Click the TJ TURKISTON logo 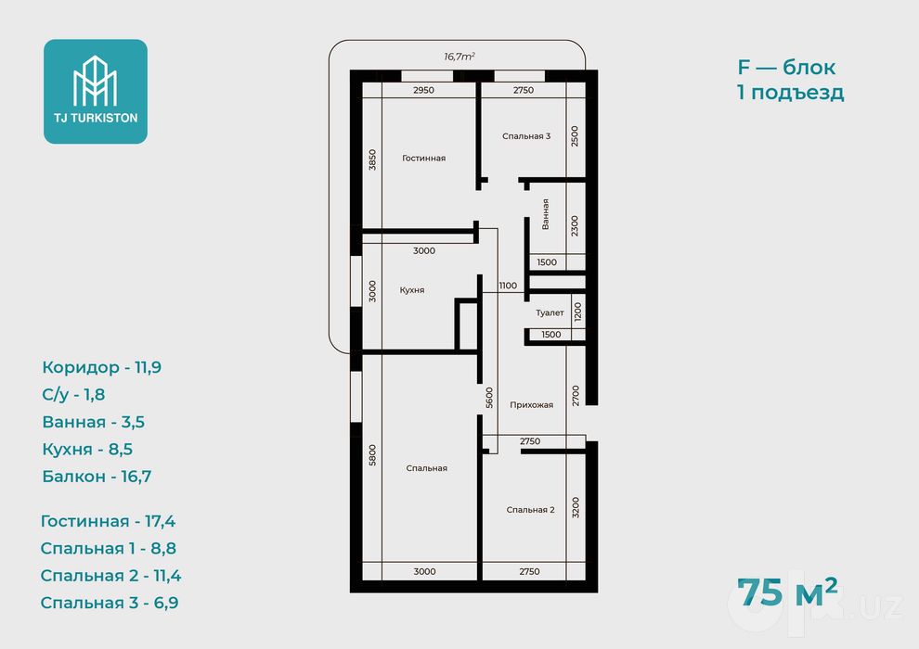coord(96,91)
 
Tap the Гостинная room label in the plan coord(423,158)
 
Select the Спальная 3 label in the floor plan coord(526,136)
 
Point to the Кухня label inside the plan coord(412,290)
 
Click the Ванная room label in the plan coord(545,214)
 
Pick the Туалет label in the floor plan coord(550,313)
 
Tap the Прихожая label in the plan coord(532,405)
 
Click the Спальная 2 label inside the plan coord(530,510)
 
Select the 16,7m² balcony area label coord(459,57)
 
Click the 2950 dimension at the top coord(423,90)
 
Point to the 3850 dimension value coord(372,159)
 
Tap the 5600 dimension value coord(489,398)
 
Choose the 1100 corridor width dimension coord(508,286)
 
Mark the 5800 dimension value coord(372,455)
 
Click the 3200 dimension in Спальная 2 coord(575,507)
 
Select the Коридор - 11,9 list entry coord(102,367)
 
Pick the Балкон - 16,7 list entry coord(97,477)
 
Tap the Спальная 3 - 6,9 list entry coord(110,603)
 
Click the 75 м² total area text coord(787,592)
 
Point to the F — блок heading coord(786,68)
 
